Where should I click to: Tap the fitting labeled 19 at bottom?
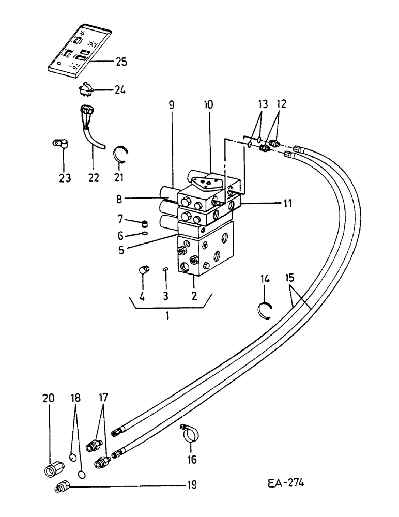(x=63, y=486)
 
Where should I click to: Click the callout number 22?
(x=93, y=177)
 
